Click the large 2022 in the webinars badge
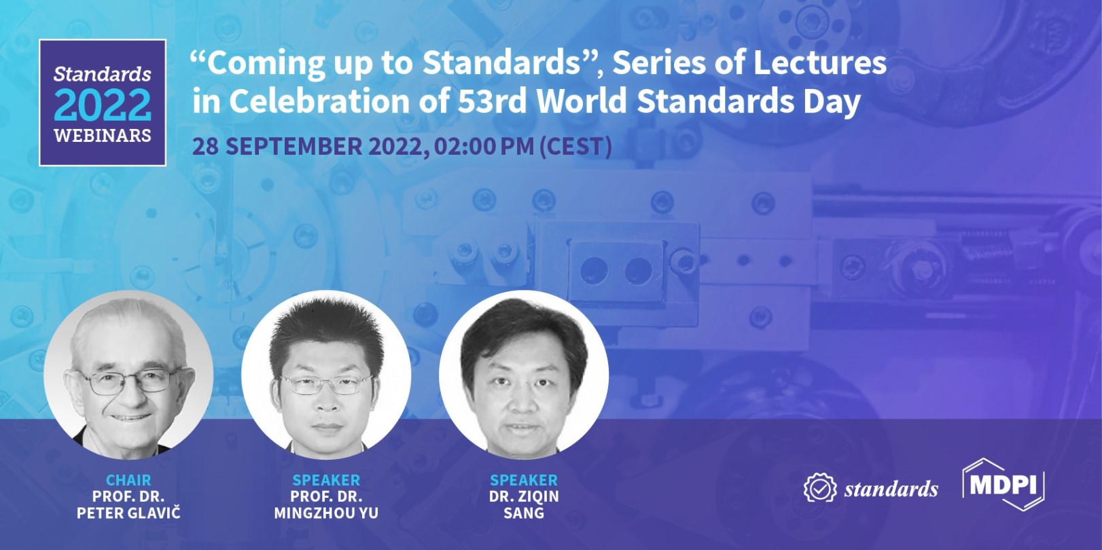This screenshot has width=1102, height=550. (103, 105)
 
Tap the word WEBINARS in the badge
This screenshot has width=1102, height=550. (103, 136)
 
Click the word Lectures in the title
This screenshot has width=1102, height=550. (819, 63)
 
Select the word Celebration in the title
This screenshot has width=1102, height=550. (320, 100)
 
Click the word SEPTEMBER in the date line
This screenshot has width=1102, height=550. (294, 146)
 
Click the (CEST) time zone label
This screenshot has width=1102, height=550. (575, 146)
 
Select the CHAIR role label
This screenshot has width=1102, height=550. (128, 479)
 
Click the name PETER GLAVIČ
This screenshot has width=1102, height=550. (128, 513)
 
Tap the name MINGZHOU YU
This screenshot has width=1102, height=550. (326, 513)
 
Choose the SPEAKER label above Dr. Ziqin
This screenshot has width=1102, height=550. (524, 479)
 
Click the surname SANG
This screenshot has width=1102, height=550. (524, 513)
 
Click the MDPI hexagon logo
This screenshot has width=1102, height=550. (1003, 485)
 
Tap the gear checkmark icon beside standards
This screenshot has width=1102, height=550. (820, 488)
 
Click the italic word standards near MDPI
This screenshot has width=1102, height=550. (891, 489)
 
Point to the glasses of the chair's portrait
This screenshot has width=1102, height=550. (129, 382)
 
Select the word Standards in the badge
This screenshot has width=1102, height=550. (103, 74)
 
